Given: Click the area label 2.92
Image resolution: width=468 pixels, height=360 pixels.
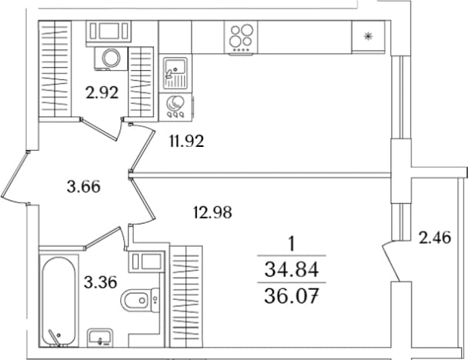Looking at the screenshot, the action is click(102, 92).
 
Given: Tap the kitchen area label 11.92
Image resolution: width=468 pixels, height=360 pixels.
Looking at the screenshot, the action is click(187, 141).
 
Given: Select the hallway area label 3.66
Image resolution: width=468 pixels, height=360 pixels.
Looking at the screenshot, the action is click(84, 187).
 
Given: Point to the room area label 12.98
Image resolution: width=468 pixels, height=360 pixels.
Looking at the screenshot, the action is click(212, 212).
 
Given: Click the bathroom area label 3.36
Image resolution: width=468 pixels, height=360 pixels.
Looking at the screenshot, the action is click(100, 282).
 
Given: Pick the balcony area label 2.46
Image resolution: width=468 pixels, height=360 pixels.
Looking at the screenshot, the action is click(435, 238).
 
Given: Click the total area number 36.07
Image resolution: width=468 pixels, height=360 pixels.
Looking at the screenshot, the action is click(292, 295).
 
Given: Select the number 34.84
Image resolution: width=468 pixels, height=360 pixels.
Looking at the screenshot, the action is click(292, 269).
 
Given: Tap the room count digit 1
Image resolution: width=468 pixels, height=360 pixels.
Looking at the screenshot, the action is click(292, 244).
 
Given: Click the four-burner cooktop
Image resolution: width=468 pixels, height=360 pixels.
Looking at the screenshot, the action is click(241, 37).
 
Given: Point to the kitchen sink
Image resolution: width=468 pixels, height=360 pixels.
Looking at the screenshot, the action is click(175, 73).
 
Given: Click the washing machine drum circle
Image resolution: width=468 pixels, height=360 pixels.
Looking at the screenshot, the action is click(111, 58).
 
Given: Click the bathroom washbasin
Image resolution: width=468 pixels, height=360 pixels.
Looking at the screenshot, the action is click(100, 337).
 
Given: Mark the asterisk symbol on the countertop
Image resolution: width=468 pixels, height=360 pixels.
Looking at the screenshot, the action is click(368, 37).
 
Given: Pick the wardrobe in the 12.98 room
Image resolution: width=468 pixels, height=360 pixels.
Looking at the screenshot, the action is click(186, 297).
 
